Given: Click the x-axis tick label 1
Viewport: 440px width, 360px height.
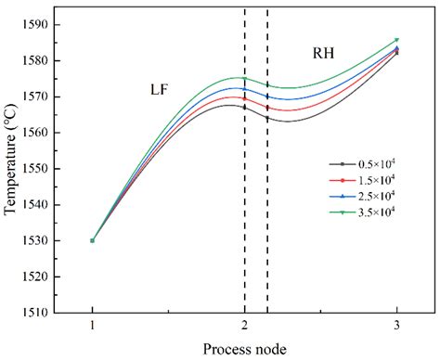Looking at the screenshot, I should [92, 326].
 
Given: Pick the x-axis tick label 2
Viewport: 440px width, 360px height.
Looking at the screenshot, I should [244, 326].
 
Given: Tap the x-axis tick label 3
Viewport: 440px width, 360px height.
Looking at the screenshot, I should [396, 326].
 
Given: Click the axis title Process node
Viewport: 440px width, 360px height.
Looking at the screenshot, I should [245, 348].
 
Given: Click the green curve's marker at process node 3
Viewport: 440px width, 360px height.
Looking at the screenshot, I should [396, 40].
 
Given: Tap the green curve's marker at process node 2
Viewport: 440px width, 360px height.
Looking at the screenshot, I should [244, 79].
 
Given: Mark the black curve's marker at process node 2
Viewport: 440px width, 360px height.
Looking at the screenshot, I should [244, 107].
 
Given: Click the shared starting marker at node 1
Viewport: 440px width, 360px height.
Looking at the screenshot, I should [92, 240].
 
